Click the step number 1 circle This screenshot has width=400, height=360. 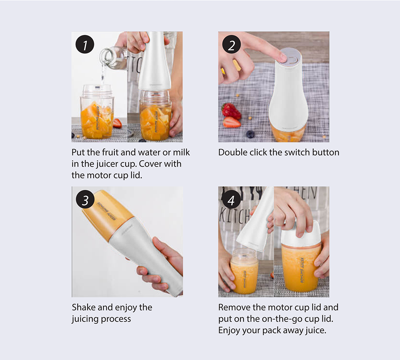85,44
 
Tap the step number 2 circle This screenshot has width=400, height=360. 231,44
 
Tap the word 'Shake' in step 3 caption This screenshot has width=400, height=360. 84,307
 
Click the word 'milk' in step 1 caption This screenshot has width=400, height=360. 181,152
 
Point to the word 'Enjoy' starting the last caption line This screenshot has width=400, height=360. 229,330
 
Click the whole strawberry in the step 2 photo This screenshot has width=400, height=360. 231,111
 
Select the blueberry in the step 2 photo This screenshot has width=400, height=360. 250,134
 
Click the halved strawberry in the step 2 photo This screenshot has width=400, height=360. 232,122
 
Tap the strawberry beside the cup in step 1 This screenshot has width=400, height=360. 117,123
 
